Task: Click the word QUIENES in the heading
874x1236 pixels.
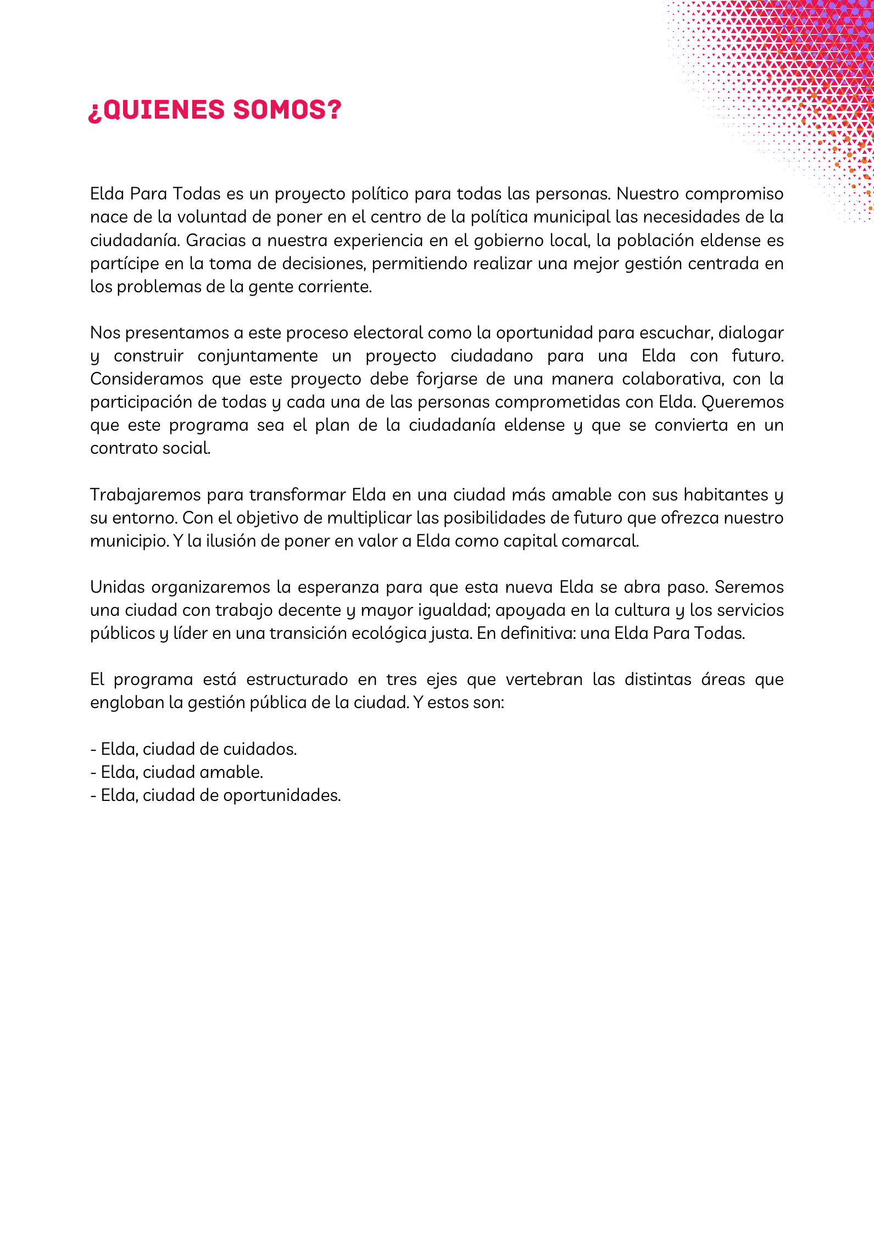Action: tap(164, 110)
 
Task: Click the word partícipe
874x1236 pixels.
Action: tap(124, 264)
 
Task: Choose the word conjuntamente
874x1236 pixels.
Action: tap(258, 356)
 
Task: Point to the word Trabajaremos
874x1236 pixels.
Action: tap(145, 495)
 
